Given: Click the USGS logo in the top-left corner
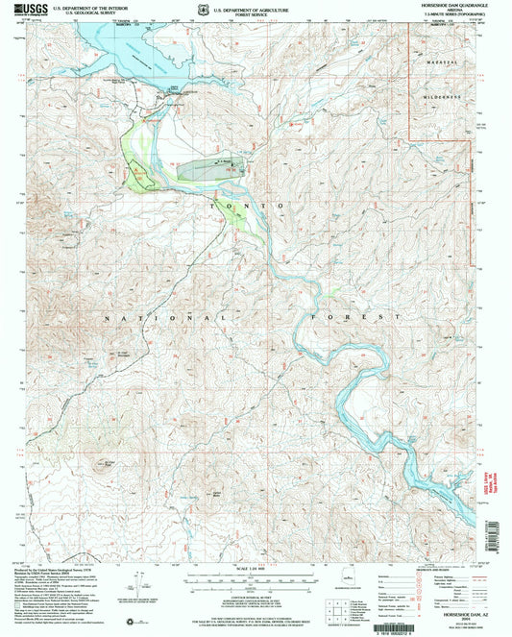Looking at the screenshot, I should coord(21,9).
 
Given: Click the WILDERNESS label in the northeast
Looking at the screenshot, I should coord(440,97).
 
